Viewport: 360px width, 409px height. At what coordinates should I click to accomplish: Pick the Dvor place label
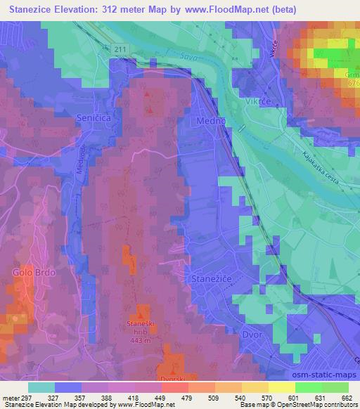252,335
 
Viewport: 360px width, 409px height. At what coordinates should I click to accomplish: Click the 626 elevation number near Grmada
352,82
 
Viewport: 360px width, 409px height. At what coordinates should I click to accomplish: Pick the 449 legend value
161,398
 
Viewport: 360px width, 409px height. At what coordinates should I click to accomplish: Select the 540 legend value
241,398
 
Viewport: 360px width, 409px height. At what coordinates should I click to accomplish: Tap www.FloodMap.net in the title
226,10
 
